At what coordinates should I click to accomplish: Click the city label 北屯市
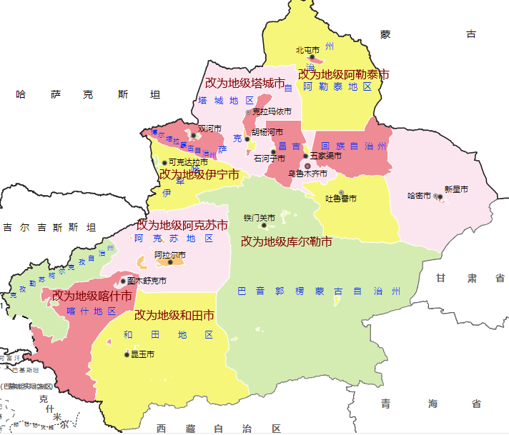tap(308, 50)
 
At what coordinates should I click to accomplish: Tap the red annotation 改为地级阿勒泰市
tap(343, 74)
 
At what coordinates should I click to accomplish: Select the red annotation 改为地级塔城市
tap(244, 84)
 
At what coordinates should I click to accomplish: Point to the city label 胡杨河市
tap(267, 132)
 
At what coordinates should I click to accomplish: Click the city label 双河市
tap(210, 129)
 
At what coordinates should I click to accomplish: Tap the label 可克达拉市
tap(188, 162)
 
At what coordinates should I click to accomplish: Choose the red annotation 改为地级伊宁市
tap(199, 174)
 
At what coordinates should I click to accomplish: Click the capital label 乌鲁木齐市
tap(307, 174)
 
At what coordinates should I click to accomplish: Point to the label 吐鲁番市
tap(341, 199)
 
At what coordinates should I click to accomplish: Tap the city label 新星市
tap(455, 189)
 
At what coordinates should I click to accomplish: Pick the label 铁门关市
tap(259, 218)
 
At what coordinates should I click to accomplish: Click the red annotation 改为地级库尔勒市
tap(286, 241)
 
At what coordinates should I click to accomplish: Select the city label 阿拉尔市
tap(170, 255)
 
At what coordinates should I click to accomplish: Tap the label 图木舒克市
tap(147, 281)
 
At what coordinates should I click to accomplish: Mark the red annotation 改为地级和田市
tap(174, 315)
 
